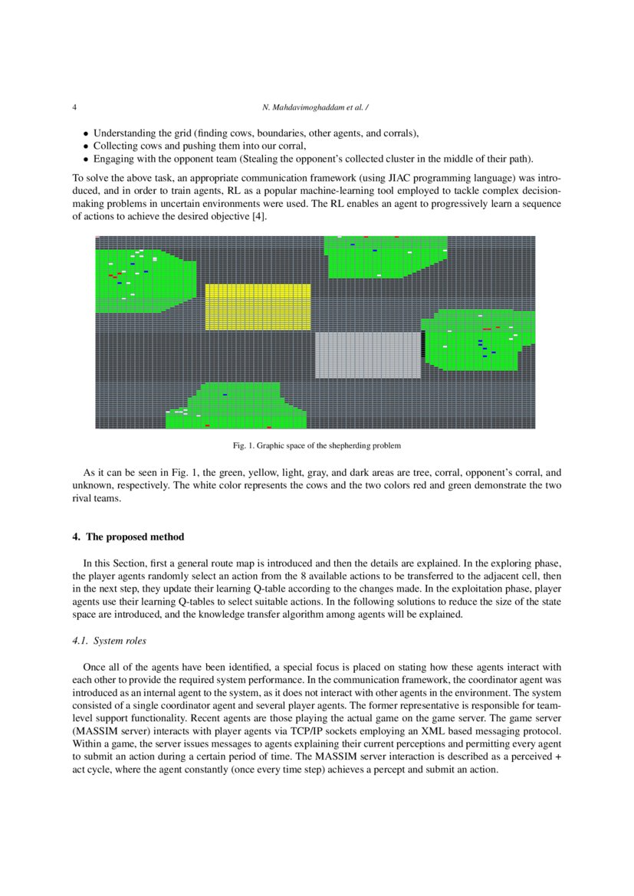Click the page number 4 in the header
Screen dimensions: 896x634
point(74,107)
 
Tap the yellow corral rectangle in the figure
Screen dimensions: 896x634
point(258,307)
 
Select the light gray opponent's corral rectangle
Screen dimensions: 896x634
point(368,354)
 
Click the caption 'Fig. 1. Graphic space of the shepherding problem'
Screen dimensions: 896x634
point(317,445)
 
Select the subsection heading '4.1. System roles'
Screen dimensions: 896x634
point(103,641)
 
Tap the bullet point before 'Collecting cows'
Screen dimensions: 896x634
point(86,146)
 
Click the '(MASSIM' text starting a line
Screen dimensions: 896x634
point(93,731)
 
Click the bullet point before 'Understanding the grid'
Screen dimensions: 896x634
point(86,133)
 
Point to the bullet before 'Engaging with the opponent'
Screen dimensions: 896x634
point(86,159)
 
